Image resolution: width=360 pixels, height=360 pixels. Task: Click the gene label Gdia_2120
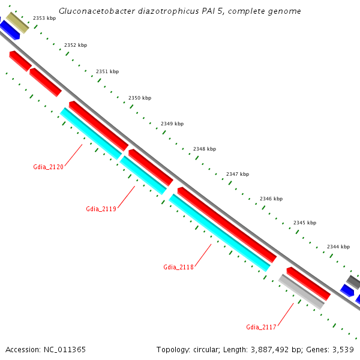click(48, 167)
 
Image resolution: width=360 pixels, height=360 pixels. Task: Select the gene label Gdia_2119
click(101, 209)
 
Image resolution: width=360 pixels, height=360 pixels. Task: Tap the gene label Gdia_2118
click(178, 267)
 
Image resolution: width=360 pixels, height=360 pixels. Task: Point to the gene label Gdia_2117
click(261, 327)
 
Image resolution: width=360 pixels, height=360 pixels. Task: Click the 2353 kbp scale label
click(44, 19)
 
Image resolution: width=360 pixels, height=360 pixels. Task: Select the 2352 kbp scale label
click(76, 45)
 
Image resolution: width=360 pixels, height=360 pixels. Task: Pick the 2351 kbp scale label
click(107, 71)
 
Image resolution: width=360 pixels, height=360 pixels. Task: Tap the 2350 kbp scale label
click(140, 98)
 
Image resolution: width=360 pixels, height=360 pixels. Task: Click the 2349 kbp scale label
click(172, 124)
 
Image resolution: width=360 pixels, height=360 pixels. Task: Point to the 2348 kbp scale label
click(205, 149)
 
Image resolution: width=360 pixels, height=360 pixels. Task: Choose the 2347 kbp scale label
click(238, 174)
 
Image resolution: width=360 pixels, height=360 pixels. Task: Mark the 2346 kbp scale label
click(271, 199)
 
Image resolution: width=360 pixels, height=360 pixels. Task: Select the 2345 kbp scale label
click(304, 223)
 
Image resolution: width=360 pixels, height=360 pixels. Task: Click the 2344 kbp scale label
click(338, 247)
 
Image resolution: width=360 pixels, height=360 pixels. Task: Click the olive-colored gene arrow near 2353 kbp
click(17, 23)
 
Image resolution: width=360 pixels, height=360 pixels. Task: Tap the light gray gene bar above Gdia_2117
click(301, 292)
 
